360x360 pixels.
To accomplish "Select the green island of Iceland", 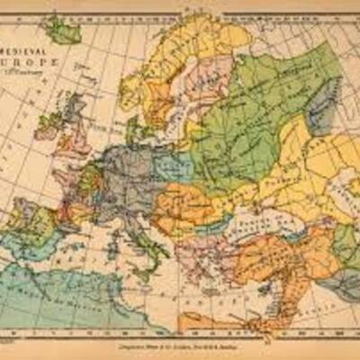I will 63,31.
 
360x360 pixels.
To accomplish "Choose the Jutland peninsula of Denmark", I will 136,135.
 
